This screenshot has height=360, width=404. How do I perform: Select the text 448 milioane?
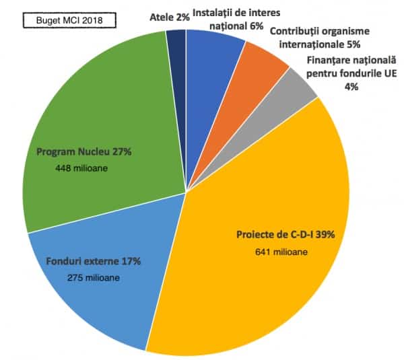click(81, 169)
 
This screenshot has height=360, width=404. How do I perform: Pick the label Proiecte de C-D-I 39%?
click(285, 235)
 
